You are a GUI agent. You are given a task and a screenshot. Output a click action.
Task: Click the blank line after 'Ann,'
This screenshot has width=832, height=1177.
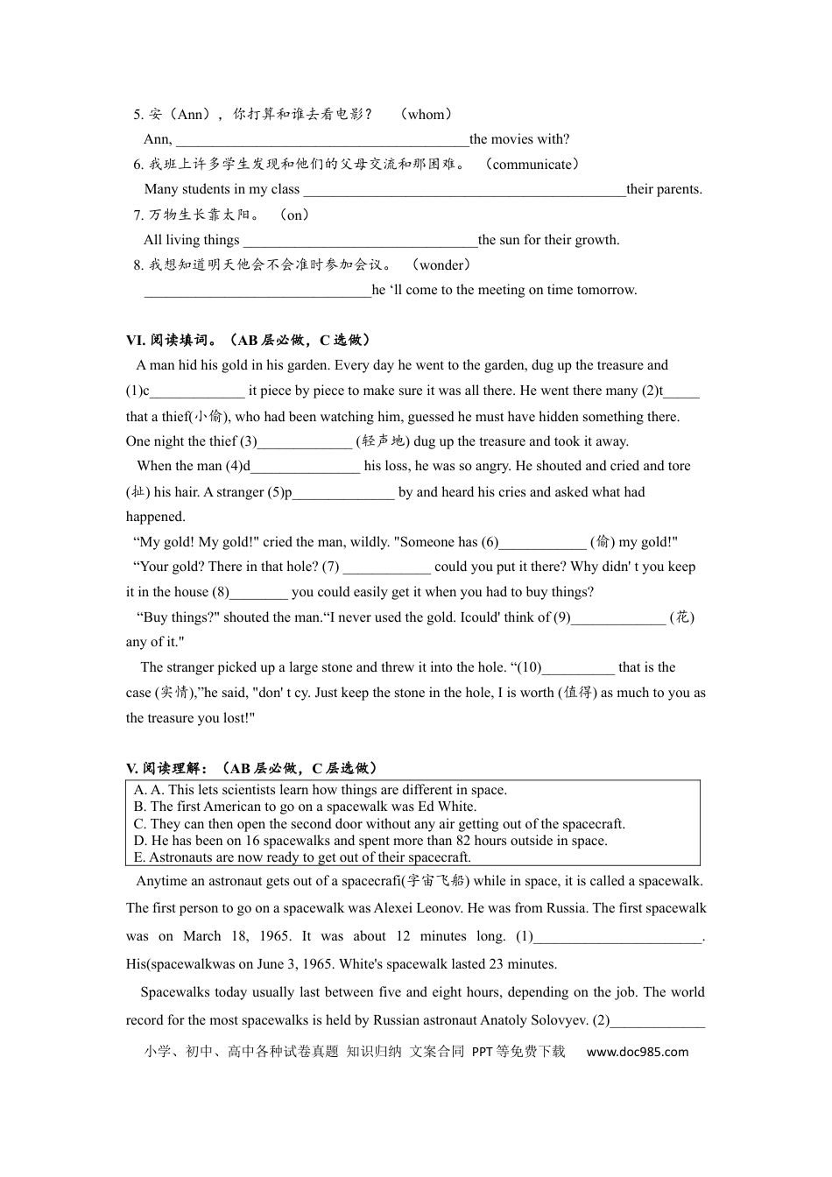(x=322, y=140)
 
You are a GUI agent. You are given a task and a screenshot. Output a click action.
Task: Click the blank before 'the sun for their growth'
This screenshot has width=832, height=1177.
(x=360, y=241)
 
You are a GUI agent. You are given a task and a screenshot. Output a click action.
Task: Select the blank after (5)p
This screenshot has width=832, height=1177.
(x=343, y=493)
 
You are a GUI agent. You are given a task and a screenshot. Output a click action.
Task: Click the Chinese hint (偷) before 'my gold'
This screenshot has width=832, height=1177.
(x=603, y=542)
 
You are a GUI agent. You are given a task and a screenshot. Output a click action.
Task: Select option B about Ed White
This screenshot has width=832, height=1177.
(x=305, y=807)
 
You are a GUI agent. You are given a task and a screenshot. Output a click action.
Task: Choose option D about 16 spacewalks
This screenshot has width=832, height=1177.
(x=370, y=841)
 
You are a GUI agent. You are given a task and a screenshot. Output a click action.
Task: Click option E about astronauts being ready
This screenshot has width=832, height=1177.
(x=302, y=857)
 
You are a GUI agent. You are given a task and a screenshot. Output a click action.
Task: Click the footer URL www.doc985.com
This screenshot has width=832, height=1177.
(x=638, y=1052)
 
